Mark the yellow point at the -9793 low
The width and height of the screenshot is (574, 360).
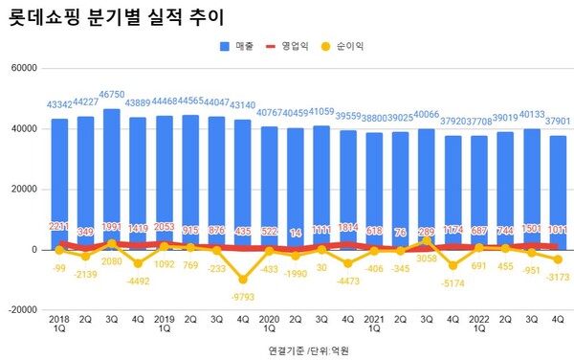[243, 279]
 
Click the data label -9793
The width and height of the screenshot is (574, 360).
[243, 293]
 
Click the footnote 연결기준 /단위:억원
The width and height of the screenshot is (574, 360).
[310, 350]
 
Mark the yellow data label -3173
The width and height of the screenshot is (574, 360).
[556, 277]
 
